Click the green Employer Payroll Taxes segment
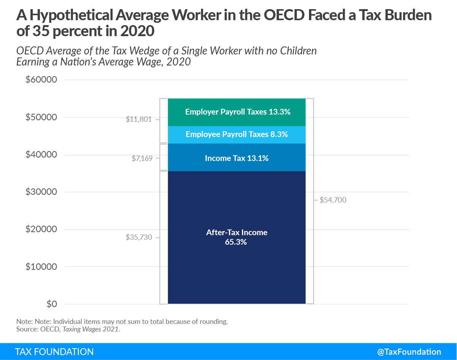237,112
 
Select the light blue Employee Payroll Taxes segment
237,134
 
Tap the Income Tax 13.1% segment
237,158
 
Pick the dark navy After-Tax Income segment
237,266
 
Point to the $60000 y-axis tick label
41,80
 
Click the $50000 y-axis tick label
41,118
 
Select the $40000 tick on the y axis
41,155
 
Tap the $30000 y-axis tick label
41,192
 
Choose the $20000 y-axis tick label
41,229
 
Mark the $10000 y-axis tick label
41,267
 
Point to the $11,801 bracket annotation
139,119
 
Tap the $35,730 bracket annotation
139,237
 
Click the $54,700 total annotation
333,200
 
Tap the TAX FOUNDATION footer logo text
54,352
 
